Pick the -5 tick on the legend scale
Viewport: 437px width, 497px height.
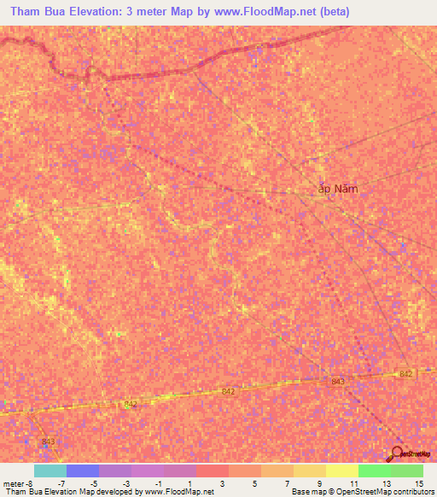point(95,482)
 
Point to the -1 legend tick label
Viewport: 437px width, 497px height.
point(159,482)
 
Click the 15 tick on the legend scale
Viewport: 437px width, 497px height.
point(418,482)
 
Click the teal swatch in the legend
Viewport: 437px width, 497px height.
point(50,471)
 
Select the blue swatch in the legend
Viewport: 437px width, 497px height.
point(82,471)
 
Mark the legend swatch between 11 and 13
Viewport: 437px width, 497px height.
point(374,471)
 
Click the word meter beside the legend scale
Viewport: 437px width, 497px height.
point(14,482)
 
